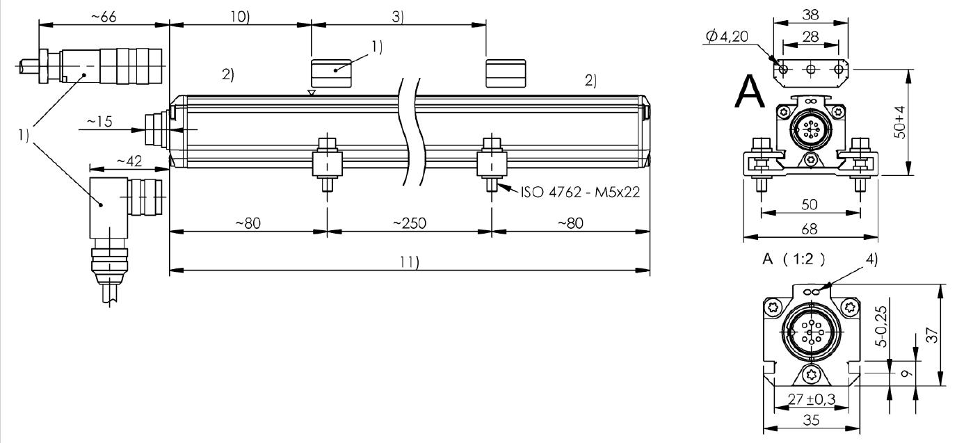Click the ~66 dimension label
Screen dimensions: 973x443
104,17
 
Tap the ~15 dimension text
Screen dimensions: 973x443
99,121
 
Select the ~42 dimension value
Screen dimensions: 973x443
129,161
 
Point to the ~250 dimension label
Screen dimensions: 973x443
410,223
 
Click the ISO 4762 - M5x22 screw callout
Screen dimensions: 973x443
580,192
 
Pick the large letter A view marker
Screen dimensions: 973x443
749,92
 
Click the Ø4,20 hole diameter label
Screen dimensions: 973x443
727,36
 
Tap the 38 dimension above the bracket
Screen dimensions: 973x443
810,15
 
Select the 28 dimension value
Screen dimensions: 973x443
810,37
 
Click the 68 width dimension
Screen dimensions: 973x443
810,229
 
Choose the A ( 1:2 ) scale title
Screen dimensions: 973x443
794,259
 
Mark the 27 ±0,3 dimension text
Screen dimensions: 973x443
812,399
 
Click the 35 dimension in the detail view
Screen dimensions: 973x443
811,420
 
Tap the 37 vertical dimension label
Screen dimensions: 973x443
932,335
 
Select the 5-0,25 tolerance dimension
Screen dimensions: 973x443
881,326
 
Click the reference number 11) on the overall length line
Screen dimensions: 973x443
409,262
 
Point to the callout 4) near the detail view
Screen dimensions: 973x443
871,259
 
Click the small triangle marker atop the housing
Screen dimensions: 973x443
311,92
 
